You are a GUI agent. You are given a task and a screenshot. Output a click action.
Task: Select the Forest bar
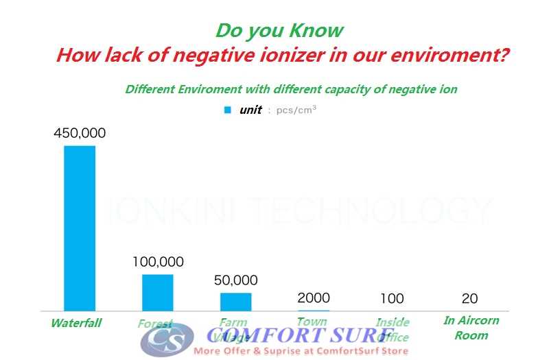(x=157, y=293)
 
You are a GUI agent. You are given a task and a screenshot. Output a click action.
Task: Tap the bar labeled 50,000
(x=235, y=302)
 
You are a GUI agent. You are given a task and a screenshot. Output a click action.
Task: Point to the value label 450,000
(x=80, y=133)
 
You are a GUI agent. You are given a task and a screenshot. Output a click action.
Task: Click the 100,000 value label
(x=157, y=262)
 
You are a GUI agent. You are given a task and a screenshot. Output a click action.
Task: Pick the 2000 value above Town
(x=314, y=298)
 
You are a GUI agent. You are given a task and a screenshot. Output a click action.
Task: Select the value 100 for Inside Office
(x=391, y=298)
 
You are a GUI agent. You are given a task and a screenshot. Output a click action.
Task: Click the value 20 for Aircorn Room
(x=470, y=298)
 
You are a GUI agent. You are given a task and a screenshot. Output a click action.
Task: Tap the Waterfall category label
(x=75, y=323)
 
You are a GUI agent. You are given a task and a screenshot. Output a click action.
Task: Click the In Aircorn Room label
(x=471, y=328)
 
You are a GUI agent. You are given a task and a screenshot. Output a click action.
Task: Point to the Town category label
(x=312, y=321)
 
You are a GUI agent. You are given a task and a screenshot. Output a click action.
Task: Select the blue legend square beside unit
(x=228, y=109)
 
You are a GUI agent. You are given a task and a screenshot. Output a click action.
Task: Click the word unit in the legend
(x=250, y=110)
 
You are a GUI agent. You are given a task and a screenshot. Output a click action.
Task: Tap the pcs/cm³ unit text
(x=296, y=110)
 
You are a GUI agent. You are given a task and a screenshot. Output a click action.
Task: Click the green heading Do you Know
(x=279, y=30)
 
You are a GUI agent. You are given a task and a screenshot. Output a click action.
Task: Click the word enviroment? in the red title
(x=464, y=55)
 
